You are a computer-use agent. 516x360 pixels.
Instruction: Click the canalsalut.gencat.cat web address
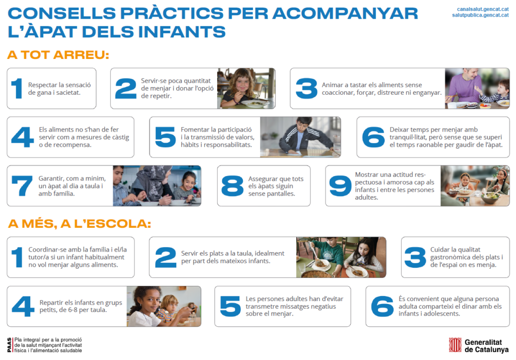(483, 9)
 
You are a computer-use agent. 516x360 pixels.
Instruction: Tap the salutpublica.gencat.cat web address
(480, 15)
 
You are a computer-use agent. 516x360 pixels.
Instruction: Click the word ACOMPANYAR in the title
(345, 14)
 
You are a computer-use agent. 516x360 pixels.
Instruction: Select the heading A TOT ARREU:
(58, 54)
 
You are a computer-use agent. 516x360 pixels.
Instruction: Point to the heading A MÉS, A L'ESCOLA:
(79, 224)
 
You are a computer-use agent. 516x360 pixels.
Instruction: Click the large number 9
(340, 186)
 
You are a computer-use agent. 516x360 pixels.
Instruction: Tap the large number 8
(232, 186)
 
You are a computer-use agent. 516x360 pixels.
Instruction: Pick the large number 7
(22, 186)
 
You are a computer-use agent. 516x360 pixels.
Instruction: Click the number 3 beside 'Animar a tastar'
(306, 88)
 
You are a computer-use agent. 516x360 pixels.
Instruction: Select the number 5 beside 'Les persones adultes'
(230, 307)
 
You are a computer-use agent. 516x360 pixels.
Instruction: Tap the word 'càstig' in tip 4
(120, 137)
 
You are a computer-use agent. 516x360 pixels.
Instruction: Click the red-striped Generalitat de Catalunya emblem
(455, 345)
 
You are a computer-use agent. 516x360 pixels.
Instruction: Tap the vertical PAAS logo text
(9, 345)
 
